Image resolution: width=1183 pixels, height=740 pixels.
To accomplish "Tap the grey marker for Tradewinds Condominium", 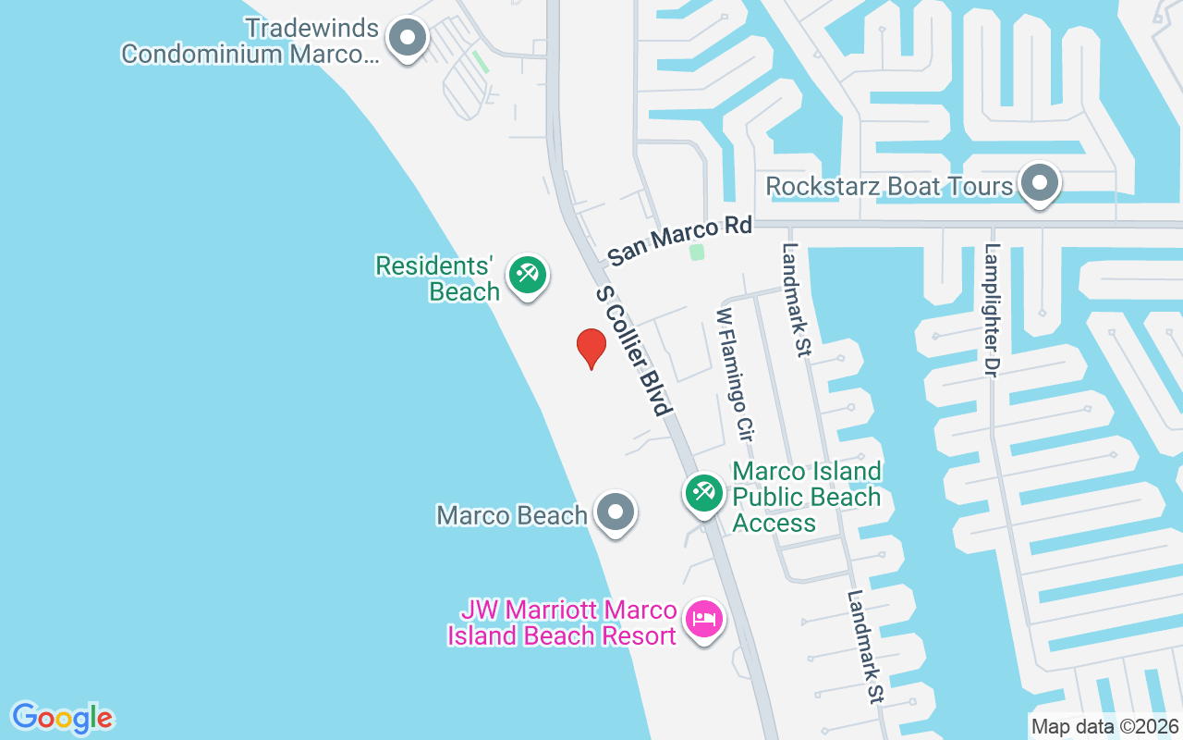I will coord(407,40).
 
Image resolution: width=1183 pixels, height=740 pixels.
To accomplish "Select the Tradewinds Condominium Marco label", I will coord(250,41).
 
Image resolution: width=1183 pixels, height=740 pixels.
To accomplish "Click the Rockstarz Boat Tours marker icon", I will coord(1040,183).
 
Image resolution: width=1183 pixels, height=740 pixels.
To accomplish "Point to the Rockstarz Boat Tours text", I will coord(889,186).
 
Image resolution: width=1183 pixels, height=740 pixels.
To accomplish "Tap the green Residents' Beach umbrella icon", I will coord(528,275).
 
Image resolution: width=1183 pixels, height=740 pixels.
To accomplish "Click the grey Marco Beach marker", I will coord(615,512).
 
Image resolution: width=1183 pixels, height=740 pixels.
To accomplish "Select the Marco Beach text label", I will coord(512,515).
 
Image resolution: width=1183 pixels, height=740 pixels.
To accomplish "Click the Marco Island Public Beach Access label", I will coord(807,498).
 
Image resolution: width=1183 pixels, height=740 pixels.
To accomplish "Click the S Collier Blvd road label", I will coord(632,351).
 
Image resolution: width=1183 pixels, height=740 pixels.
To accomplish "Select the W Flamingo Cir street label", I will coord(735,373).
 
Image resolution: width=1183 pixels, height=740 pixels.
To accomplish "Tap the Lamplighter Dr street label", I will coord(993,310).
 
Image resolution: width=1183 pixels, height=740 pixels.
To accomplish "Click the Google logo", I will coord(62,718).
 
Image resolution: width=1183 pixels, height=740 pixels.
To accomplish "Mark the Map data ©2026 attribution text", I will coord(1104,726).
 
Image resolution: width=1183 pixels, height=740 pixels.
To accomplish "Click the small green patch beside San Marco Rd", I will coord(697,252).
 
